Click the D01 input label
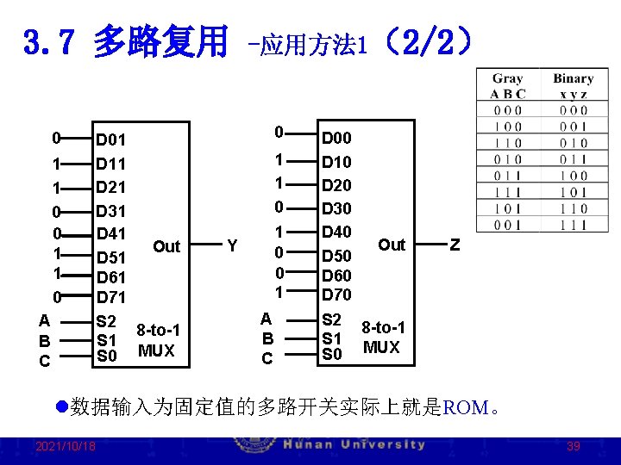(x=111, y=139)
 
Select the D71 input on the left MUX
(x=111, y=298)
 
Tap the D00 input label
(x=336, y=138)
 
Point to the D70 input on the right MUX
(x=336, y=294)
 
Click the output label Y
(x=232, y=246)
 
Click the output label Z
(x=455, y=245)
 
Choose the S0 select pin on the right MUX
(x=332, y=354)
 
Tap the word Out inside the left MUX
(x=166, y=247)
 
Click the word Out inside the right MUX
(x=392, y=245)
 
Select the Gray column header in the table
(x=507, y=78)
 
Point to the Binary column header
(x=573, y=78)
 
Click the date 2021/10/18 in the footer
(x=66, y=446)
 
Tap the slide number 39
(x=574, y=446)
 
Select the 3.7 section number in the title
(x=42, y=41)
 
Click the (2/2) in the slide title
(x=429, y=40)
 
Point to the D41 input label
(x=111, y=233)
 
